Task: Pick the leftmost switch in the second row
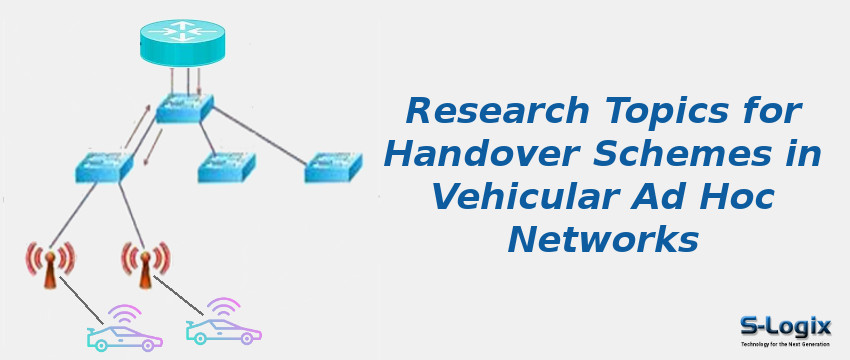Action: point(103,165)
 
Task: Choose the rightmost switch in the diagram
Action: point(332,167)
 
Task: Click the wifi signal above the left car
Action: point(125,314)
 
